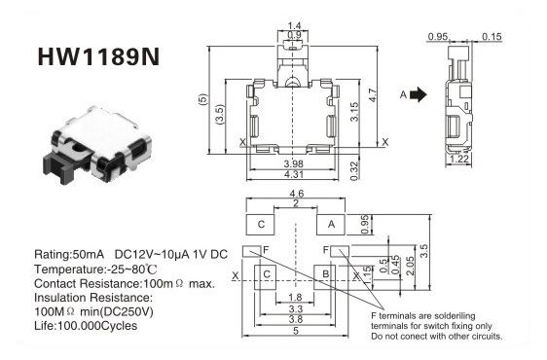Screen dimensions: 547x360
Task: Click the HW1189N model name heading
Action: (98, 56)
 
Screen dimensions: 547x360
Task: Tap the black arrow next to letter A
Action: (419, 94)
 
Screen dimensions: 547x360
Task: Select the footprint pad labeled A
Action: (331, 225)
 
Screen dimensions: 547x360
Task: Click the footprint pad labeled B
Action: (325, 277)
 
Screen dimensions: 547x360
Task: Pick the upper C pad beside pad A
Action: (260, 225)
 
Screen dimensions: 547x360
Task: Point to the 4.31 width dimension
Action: (293, 174)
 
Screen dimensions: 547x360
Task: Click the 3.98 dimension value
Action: (293, 163)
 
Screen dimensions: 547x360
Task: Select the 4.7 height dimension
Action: (373, 95)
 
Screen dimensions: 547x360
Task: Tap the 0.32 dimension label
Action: (354, 170)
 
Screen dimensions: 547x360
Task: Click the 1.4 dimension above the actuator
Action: (294, 26)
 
